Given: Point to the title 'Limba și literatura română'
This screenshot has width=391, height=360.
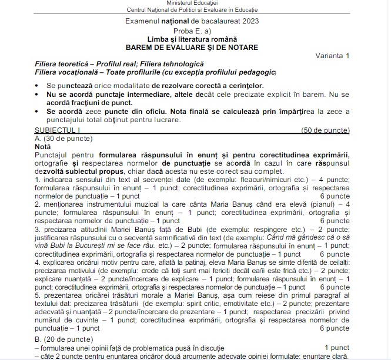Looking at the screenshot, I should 195,39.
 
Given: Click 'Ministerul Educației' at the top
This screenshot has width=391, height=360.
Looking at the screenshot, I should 195,4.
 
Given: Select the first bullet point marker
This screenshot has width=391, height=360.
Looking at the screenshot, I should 38,85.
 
